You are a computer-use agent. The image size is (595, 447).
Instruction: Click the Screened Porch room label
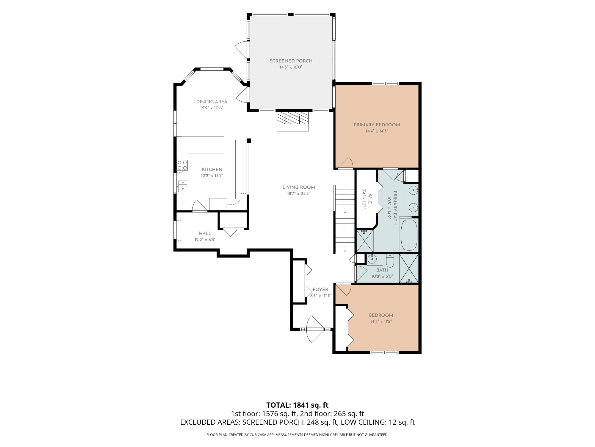[291, 61]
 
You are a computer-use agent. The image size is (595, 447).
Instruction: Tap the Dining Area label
[212, 102]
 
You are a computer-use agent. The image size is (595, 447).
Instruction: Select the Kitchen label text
[212, 170]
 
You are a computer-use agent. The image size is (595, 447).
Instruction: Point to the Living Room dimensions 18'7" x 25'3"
[299, 193]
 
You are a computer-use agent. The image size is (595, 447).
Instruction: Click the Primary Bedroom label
[377, 125]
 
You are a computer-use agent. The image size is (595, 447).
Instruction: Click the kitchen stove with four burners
[182, 165]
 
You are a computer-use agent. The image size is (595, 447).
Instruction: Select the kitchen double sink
[182, 186]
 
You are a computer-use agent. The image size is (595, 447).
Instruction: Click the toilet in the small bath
[390, 261]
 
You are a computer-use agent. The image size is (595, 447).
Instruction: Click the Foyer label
[320, 290]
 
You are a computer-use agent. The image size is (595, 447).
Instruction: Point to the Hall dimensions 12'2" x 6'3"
[205, 240]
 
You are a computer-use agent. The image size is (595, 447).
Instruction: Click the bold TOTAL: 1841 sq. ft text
[297, 405]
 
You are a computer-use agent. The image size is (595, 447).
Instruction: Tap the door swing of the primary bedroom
[345, 163]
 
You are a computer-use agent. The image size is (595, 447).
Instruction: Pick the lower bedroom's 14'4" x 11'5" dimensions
[381, 322]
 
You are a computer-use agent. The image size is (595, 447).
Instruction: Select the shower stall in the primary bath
[364, 241]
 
